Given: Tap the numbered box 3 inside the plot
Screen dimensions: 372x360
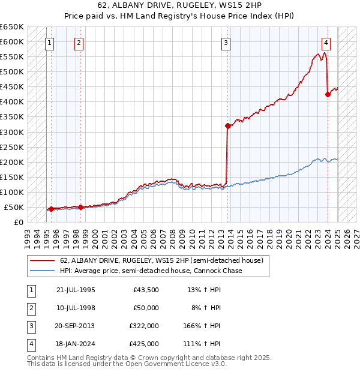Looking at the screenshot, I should [x=226, y=43].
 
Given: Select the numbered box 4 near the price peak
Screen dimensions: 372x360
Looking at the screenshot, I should [x=325, y=43].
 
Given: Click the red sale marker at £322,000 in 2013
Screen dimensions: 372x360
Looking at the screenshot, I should [x=228, y=125].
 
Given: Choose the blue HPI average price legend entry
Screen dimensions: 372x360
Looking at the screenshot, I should [x=151, y=271].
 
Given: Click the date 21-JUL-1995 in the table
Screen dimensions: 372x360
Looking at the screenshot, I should [x=76, y=290].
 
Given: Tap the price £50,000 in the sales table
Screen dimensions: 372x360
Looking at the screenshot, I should [x=146, y=308].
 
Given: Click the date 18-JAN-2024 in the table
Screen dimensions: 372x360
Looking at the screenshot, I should [x=76, y=344].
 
